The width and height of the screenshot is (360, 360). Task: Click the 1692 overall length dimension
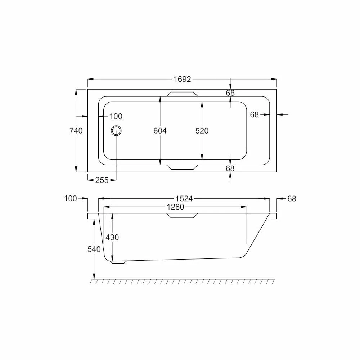(182, 79)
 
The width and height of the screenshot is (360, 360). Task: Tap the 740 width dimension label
(76, 131)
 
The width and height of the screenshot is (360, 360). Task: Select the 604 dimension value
(160, 131)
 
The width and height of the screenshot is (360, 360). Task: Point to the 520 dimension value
(202, 131)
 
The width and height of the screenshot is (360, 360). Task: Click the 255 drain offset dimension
(102, 180)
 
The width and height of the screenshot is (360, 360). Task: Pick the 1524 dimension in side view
(184, 199)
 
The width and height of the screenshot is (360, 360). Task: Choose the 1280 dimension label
(175, 207)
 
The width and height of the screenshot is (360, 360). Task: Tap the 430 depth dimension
(112, 237)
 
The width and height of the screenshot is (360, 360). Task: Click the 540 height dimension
(94, 249)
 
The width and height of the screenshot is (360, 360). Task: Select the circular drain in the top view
(116, 131)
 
